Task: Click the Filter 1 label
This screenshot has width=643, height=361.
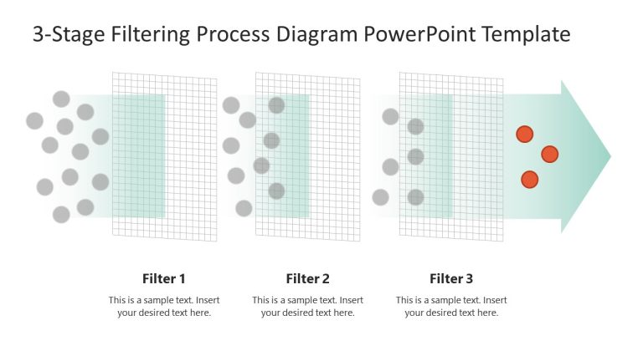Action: point(164,279)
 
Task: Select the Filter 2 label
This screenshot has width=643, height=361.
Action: point(308,279)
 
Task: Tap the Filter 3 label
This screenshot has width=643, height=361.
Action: point(451,279)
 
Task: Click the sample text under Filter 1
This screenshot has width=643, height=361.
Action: point(164,307)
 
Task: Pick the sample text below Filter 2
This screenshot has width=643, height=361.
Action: point(308,307)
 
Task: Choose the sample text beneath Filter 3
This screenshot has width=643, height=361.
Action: point(451,307)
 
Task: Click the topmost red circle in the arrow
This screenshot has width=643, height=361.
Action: point(525,134)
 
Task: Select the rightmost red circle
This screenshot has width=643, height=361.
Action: point(549,154)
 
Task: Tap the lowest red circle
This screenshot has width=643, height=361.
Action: point(529,180)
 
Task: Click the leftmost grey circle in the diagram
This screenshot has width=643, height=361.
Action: point(34,120)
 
